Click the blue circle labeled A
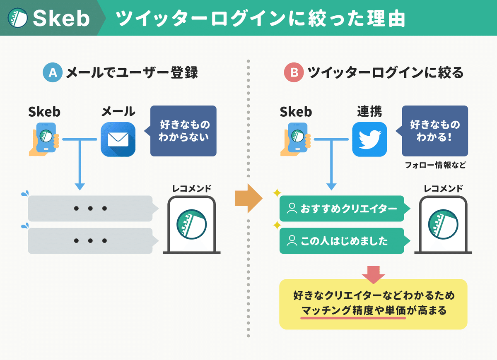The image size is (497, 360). coord(53,73)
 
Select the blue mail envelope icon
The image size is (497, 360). coord(118,139)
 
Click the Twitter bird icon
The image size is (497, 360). coord(369,139)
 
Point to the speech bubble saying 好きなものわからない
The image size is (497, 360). coord(182,131)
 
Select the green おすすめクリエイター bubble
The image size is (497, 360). coord(342,209)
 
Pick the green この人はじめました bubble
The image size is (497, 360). coord(342,241)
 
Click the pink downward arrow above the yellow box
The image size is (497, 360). coord(373,274)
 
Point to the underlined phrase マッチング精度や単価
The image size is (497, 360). coord(353,310)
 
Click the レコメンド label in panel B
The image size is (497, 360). coord(443,189)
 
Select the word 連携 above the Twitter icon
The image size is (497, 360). coord(369,112)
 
